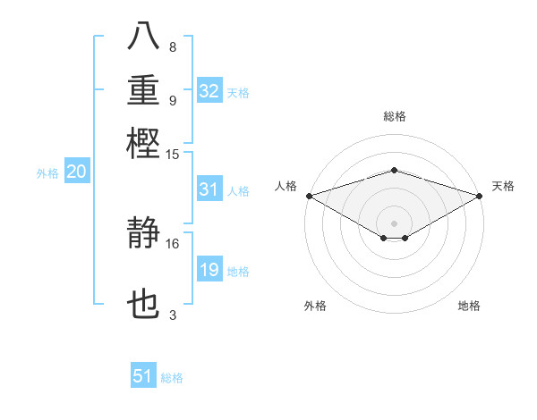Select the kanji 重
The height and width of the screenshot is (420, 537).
tap(144, 91)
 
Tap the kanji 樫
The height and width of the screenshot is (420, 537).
tap(144, 143)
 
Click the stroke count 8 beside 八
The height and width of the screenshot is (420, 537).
tap(172, 47)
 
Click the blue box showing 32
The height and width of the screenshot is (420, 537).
tap(209, 91)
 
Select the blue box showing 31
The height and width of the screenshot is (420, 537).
tap(209, 189)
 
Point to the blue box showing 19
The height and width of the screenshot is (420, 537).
tap(209, 271)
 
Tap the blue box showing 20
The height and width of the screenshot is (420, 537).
tap(76, 173)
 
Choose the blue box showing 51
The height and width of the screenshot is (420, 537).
tap(143, 377)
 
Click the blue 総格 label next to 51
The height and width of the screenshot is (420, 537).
tap(172, 378)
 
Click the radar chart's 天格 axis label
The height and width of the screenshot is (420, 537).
tap(503, 186)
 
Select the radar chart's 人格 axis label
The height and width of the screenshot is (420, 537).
tap(286, 186)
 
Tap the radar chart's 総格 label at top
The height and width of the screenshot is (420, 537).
tap(394, 116)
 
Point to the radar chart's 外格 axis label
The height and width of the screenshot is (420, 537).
tap(315, 306)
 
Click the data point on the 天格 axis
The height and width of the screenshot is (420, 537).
tap(480, 195)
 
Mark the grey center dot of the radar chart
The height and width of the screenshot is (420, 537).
tap(394, 223)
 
